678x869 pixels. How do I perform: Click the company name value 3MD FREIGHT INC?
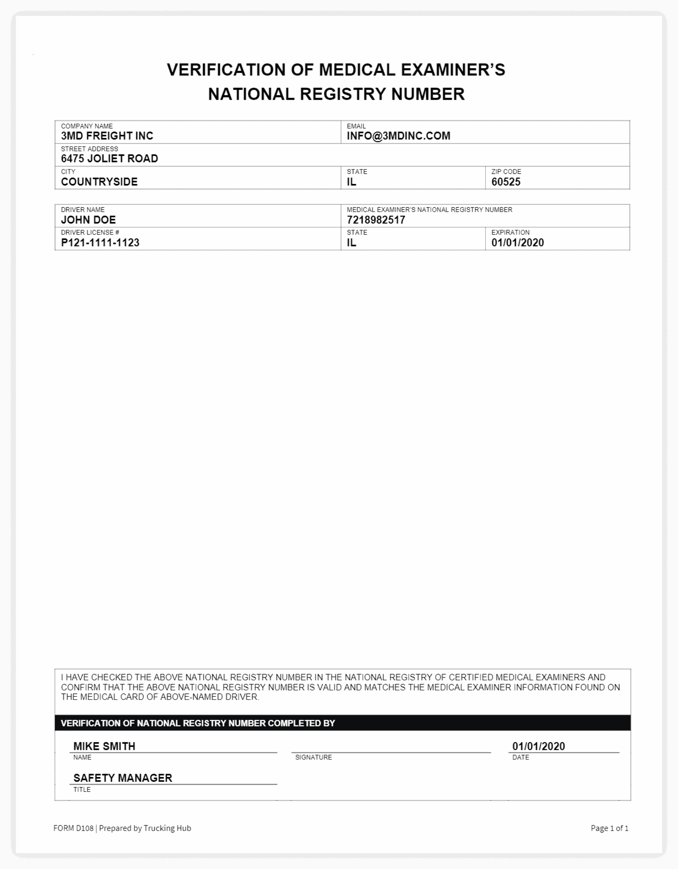[107, 136]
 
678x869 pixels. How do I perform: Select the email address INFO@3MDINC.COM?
[399, 136]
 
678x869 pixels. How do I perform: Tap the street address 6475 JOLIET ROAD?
[109, 159]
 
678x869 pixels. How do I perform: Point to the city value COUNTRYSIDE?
[99, 182]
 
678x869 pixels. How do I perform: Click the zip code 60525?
[506, 182]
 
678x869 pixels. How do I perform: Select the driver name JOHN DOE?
[88, 220]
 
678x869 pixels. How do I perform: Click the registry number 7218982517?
[376, 220]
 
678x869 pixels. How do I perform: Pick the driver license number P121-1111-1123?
[100, 243]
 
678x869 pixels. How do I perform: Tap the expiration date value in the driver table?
[517, 243]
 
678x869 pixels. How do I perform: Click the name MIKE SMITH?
[104, 746]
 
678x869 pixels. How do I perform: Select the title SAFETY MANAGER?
[122, 778]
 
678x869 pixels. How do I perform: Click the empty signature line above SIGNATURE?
[391, 748]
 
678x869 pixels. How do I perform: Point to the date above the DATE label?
[538, 746]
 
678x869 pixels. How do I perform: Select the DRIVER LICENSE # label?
[90, 233]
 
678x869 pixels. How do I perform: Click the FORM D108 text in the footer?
[74, 828]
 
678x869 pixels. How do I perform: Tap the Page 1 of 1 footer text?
[609, 828]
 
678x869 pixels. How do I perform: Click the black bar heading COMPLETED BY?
[198, 723]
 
